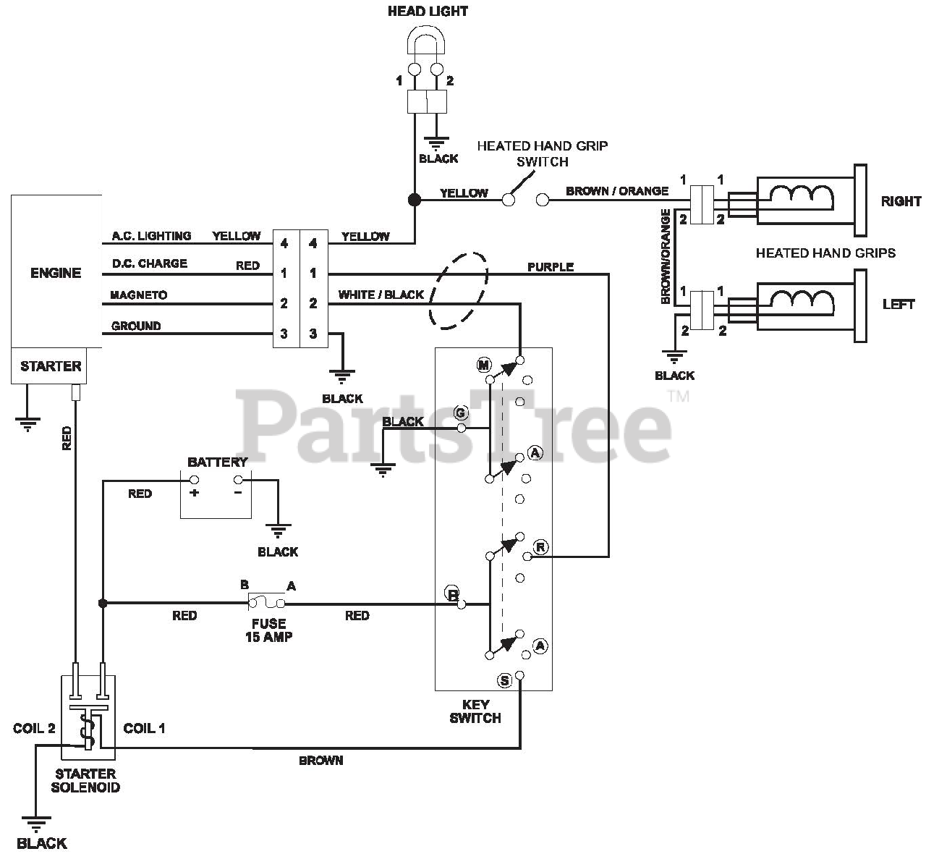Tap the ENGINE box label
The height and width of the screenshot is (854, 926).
click(56, 273)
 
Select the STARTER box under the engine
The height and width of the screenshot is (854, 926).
click(51, 366)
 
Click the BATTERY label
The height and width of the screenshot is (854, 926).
click(217, 462)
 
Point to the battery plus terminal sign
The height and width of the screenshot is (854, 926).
click(194, 493)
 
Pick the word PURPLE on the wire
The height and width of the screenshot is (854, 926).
click(551, 267)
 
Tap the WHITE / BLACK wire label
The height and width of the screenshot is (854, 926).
click(381, 295)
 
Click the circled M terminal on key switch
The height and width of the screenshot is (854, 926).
click(483, 365)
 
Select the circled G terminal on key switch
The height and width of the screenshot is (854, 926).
click(461, 413)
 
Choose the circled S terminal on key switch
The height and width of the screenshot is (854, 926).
click(505, 680)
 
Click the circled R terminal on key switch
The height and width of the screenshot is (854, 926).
click(540, 546)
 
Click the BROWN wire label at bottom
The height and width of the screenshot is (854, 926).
click(321, 761)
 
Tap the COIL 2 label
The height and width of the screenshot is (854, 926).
click(34, 728)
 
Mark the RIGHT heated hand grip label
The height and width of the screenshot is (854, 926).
click(901, 201)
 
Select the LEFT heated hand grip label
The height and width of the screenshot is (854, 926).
click(899, 305)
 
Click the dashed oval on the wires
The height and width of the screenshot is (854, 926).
click(458, 291)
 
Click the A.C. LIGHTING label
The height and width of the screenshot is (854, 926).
click(151, 236)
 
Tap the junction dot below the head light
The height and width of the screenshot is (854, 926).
click(415, 200)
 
